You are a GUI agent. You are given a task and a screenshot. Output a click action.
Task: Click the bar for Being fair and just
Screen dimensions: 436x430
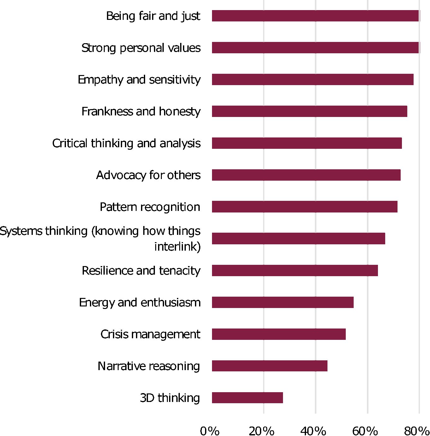315,16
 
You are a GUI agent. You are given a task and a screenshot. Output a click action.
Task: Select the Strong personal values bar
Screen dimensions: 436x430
315,48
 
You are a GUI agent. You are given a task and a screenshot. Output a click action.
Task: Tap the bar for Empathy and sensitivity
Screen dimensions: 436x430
312,79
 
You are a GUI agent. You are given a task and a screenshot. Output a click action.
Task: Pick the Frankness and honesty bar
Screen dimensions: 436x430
309,111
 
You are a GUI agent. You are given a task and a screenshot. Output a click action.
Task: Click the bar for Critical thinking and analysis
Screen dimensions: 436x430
307,143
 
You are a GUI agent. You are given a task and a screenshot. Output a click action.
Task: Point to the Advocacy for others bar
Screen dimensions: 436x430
306,175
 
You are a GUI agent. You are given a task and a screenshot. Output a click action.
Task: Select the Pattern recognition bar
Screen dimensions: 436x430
304,207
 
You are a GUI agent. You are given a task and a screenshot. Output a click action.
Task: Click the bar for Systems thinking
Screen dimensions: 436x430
298,239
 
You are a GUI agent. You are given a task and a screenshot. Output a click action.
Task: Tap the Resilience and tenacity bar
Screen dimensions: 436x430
295,270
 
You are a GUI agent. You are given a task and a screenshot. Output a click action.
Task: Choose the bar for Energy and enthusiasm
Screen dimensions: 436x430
282,302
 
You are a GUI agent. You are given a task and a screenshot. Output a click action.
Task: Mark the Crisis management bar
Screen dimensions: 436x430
279,334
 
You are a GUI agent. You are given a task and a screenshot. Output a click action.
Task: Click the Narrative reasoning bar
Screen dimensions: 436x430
269,366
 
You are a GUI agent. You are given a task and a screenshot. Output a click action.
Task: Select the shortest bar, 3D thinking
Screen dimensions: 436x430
247,398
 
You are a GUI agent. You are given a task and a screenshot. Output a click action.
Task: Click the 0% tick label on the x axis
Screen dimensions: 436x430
210,431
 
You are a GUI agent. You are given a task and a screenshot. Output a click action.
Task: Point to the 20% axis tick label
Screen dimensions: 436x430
262,431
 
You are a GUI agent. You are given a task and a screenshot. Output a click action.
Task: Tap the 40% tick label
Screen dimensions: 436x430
313,431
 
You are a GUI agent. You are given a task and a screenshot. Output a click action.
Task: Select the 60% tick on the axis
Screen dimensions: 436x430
365,431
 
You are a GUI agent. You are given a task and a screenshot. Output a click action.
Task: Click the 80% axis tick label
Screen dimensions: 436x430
416,431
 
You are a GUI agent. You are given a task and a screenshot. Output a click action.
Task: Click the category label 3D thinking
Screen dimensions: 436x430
170,398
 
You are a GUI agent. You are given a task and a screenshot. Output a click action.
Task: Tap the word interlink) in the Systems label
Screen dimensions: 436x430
177,247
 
